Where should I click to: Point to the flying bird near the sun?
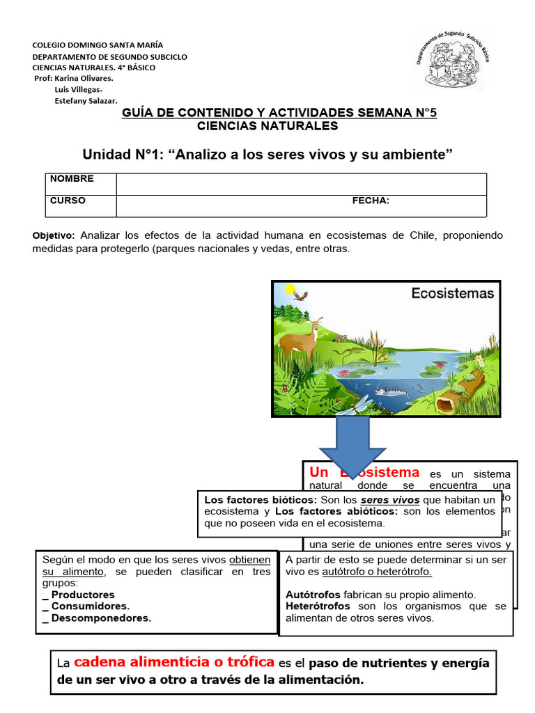300,296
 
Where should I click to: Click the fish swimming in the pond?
389,392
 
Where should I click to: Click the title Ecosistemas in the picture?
452,293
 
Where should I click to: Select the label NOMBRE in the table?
72,179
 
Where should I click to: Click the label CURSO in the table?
68,201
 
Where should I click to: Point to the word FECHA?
371,201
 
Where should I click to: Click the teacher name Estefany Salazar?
86,101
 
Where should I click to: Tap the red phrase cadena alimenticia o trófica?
174,662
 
